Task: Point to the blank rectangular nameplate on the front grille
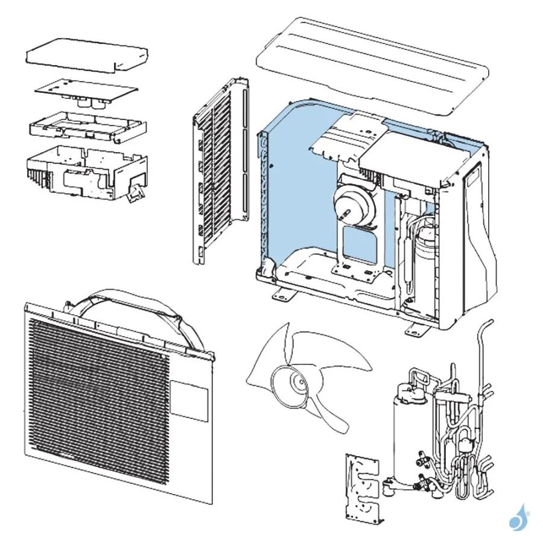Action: coord(189,399)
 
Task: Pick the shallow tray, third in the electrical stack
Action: coord(87,125)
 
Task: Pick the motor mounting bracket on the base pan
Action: coord(356,247)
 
